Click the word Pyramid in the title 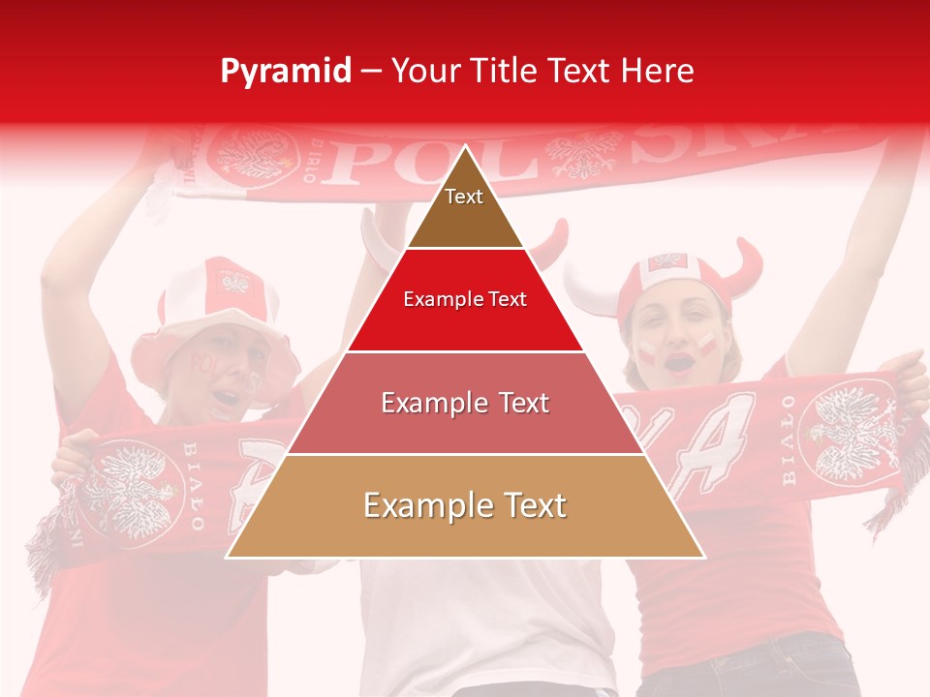coord(285,72)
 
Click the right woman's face coord(676,334)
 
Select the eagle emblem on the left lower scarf coord(126,489)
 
